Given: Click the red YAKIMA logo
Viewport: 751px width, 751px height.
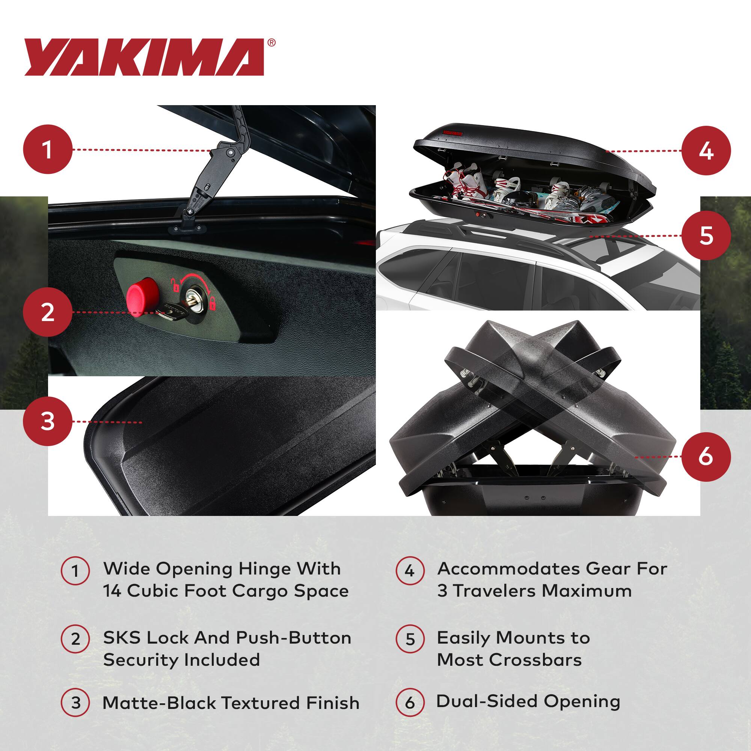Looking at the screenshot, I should [144, 57].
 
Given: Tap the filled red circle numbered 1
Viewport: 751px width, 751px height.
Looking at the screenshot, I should [48, 149].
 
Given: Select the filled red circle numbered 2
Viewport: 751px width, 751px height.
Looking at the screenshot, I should [48, 312].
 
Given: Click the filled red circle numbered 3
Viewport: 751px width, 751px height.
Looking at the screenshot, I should [48, 422].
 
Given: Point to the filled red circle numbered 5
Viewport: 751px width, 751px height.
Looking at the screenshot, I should [706, 235].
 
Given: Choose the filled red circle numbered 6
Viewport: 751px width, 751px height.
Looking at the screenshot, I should [706, 457].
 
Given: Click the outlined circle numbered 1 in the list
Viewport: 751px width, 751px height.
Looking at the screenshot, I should [75, 571].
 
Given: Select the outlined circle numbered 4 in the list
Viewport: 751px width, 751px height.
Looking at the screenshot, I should [410, 571].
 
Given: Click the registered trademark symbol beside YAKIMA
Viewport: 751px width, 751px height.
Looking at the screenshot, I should [272, 43].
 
